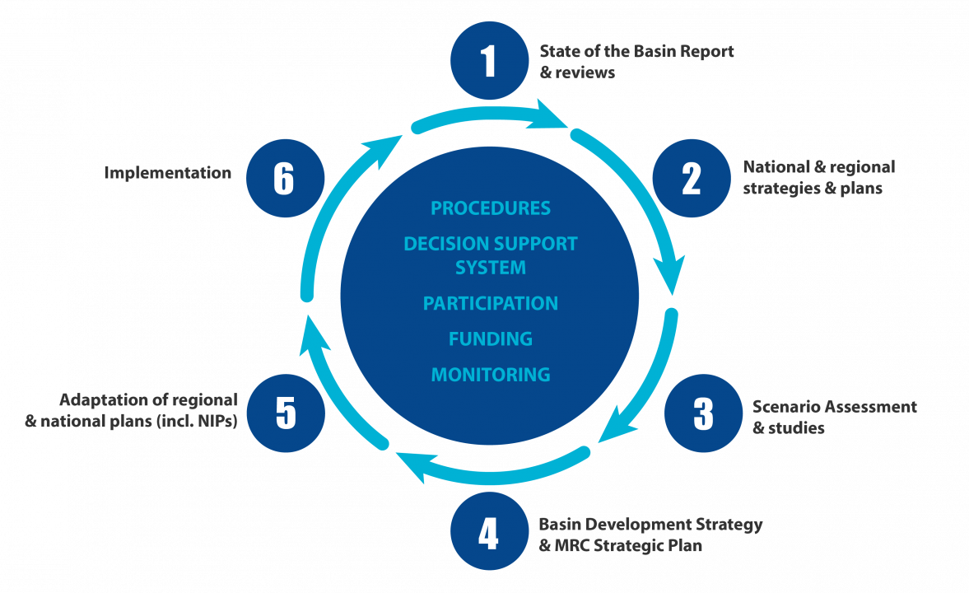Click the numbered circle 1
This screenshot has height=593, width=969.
click(490, 61)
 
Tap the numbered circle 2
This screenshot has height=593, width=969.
click(692, 178)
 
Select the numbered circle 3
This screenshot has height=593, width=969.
click(703, 413)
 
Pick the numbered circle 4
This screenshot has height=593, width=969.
click(490, 532)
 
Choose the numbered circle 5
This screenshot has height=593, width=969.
click(286, 413)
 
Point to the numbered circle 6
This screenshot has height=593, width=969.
click(285, 178)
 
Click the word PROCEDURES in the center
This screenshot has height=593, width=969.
click(491, 208)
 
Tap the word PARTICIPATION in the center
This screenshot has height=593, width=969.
click(491, 304)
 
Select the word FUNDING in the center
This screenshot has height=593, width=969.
click(491, 339)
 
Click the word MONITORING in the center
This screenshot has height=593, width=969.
click(491, 375)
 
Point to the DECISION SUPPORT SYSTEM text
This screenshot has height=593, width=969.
click(491, 255)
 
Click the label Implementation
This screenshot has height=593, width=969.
click(168, 173)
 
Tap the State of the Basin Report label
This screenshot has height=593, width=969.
click(636, 62)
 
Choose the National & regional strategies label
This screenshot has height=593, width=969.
click(818, 177)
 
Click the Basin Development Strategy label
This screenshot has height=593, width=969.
click(650, 535)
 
